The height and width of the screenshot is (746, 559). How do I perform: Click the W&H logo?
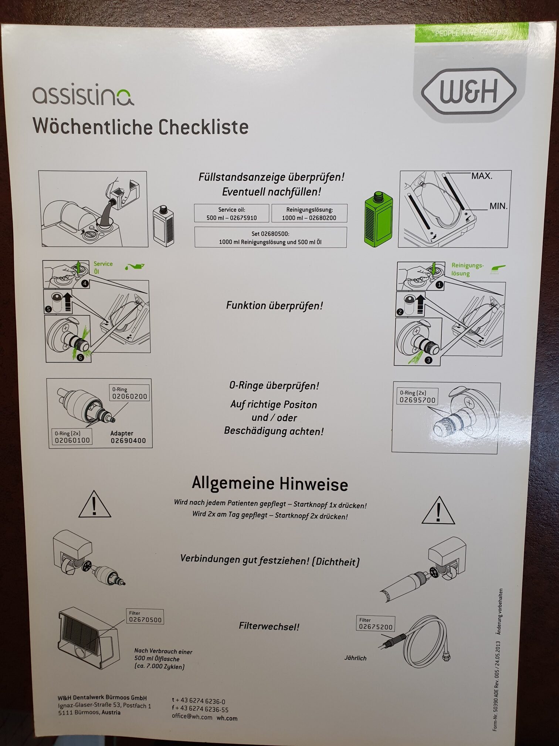click(468, 91)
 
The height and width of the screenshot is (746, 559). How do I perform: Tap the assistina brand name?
click(83, 96)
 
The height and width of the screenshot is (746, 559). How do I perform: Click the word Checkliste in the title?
click(204, 127)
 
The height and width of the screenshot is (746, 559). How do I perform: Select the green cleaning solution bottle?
click(378, 219)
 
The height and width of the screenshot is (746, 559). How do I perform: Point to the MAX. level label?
click(482, 176)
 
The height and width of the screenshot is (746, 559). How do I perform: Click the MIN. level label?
click(498, 206)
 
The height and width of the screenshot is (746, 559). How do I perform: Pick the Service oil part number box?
click(231, 214)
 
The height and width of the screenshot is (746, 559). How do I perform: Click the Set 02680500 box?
click(270, 238)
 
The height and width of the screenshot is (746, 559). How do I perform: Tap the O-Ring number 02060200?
click(130, 396)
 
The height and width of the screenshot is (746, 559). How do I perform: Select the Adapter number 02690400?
click(128, 441)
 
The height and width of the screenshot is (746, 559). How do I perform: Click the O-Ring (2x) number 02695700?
click(417, 400)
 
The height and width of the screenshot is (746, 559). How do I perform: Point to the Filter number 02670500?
click(145, 620)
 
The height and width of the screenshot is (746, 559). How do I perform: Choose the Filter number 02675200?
click(376, 627)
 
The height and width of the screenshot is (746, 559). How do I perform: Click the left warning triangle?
click(95, 505)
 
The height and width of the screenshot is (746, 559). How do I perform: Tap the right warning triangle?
click(438, 511)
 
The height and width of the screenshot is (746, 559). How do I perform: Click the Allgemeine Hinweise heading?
click(270, 484)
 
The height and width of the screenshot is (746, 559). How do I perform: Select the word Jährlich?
click(355, 658)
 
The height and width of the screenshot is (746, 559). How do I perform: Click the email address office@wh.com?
click(192, 716)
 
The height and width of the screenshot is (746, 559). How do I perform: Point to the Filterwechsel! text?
click(269, 626)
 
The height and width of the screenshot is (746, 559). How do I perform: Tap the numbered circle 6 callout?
click(80, 357)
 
